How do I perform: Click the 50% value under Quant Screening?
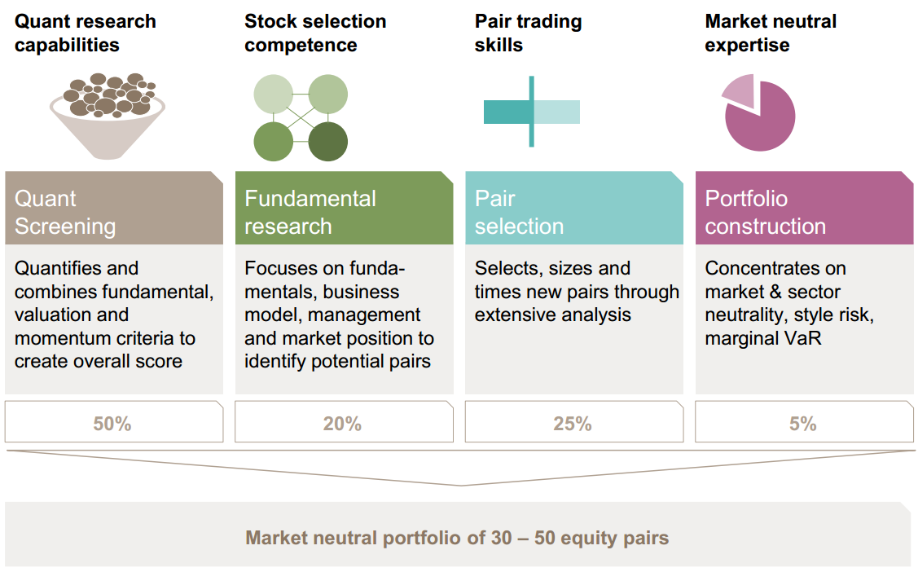pos(112,423)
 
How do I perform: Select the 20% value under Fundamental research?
pos(342,423)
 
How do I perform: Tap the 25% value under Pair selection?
pos(573,423)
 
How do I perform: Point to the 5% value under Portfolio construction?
pos(802,423)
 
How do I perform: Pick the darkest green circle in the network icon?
pos(327,142)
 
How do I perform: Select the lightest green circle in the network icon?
pos(274,95)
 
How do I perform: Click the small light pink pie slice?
pos(740,90)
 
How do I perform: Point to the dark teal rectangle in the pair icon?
pos(507,112)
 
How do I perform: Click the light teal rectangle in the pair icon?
pos(557,112)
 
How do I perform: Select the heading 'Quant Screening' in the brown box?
pos(65,212)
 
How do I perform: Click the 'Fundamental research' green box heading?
pos(310,212)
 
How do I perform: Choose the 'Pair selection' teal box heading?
pos(519,212)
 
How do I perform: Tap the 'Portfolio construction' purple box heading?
pos(765,212)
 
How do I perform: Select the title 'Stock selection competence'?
pos(315,33)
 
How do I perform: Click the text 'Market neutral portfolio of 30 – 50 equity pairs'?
pos(457,538)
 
